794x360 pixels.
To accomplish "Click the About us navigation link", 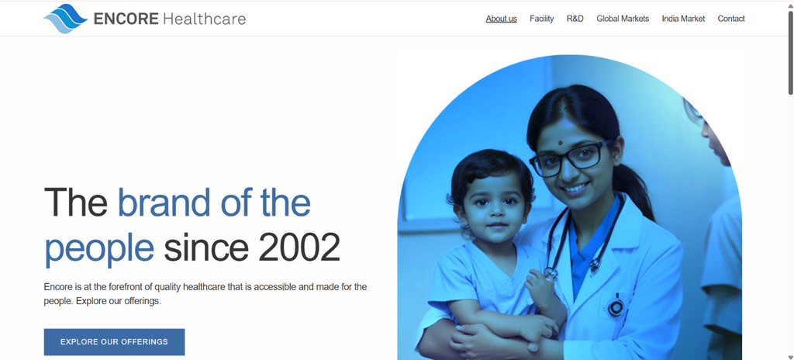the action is pos(502,19).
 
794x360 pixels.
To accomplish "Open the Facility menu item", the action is pos(542,19).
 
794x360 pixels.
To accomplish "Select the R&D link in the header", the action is pos(575,19).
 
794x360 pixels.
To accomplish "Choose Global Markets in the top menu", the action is pos(623,19).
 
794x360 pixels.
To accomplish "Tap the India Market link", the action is pos(683,19).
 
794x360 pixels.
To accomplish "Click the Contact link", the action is pos(731,19).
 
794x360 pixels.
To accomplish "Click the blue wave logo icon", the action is pos(65,19).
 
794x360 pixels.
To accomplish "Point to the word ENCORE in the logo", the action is pos(126,19).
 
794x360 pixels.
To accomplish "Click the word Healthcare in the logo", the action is pos(205,19).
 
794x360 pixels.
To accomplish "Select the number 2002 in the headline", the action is pos(299,247).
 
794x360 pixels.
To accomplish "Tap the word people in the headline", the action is pos(99,250).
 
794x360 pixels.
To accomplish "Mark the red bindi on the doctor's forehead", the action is pos(561,142).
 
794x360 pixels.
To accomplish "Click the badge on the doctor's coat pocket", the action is pos(616,306).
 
